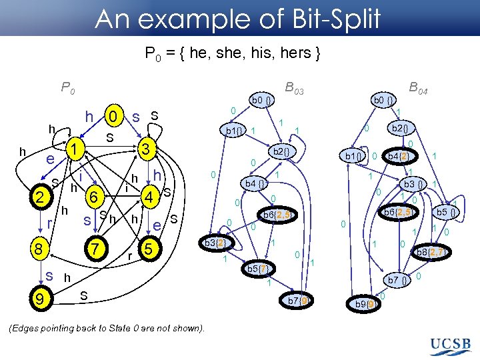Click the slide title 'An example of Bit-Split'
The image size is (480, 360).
tap(238, 20)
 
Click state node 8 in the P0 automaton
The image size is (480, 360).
tap(41, 249)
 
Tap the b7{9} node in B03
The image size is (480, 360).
tap(297, 301)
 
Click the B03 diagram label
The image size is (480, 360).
tap(294, 87)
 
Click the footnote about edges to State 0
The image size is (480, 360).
tap(107, 327)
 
